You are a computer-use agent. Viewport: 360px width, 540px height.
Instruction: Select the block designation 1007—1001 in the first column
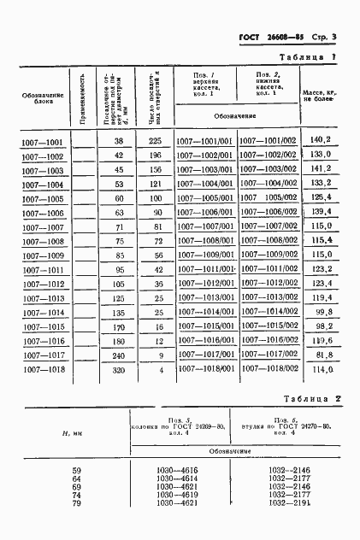coord(42,142)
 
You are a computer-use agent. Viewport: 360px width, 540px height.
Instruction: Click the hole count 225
coord(155,141)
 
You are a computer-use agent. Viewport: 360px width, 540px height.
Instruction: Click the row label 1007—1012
coord(42,285)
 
